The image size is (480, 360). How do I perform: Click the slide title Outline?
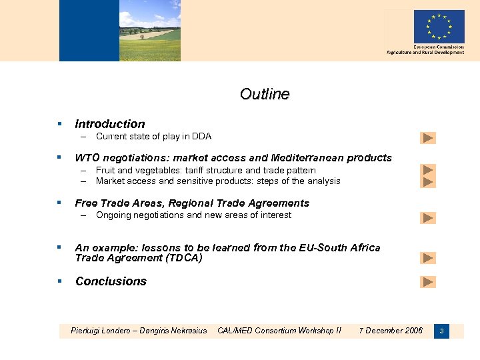265,94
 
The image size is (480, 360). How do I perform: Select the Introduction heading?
110,124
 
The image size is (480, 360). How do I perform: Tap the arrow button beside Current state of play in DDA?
428,138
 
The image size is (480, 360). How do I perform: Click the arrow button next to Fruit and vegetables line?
428,170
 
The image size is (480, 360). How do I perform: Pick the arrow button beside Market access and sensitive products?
428,181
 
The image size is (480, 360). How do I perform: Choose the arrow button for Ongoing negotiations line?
428,217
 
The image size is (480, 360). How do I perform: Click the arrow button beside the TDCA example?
428,258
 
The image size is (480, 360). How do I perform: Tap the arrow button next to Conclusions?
428,282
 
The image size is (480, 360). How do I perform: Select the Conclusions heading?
111,281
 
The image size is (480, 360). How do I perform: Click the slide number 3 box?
441,331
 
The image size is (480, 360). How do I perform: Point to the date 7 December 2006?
391,331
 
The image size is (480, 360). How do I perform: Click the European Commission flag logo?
439,27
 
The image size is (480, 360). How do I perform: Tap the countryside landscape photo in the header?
149,31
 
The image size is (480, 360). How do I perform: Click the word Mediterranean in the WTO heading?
305,158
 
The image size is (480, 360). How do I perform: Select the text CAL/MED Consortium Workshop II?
279,331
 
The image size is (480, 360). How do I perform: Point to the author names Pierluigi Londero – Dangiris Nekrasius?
139,331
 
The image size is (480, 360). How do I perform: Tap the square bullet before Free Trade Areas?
59,203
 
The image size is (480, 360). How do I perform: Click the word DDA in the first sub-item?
201,137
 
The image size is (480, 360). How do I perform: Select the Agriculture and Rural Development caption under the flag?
425,53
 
